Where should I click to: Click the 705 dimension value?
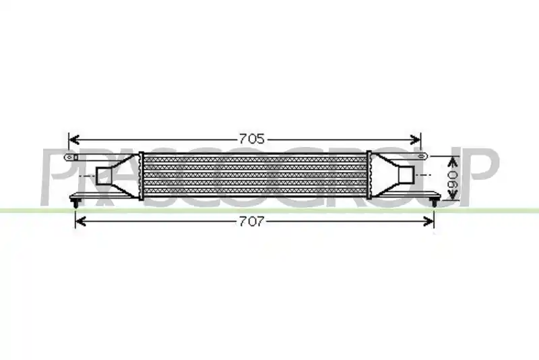click(252, 139)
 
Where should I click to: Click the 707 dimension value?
click(252, 221)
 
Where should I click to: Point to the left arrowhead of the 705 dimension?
click(74, 140)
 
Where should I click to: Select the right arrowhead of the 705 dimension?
click(415, 140)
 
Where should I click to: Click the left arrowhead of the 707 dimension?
click(80, 221)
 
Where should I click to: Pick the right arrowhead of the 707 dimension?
click(429, 221)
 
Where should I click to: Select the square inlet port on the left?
click(103, 176)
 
